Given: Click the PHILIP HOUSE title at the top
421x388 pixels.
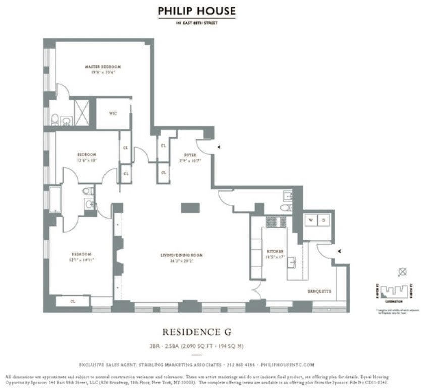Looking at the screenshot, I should (x=196, y=11).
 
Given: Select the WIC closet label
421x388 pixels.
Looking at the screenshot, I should (x=113, y=113).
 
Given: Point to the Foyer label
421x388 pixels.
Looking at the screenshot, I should (x=190, y=155).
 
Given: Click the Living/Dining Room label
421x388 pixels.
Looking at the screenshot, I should (x=185, y=255).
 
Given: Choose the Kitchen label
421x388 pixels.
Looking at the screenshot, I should (x=275, y=251).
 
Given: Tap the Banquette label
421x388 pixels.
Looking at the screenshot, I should (x=319, y=292).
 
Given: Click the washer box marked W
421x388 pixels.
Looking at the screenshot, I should (x=310, y=221).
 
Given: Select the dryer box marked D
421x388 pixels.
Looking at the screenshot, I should (x=324, y=221).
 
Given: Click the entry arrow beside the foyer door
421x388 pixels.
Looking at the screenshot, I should (x=219, y=147).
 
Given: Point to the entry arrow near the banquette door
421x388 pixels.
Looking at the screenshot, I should (x=340, y=251).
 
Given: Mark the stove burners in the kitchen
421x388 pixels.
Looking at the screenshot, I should (x=276, y=221).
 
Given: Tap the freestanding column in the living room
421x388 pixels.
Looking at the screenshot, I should (x=190, y=208).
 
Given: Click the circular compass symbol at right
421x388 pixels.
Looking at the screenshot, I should (x=402, y=272).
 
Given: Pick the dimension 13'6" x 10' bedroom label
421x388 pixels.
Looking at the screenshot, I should (x=87, y=157).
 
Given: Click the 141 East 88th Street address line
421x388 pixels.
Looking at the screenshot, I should (x=196, y=23).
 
